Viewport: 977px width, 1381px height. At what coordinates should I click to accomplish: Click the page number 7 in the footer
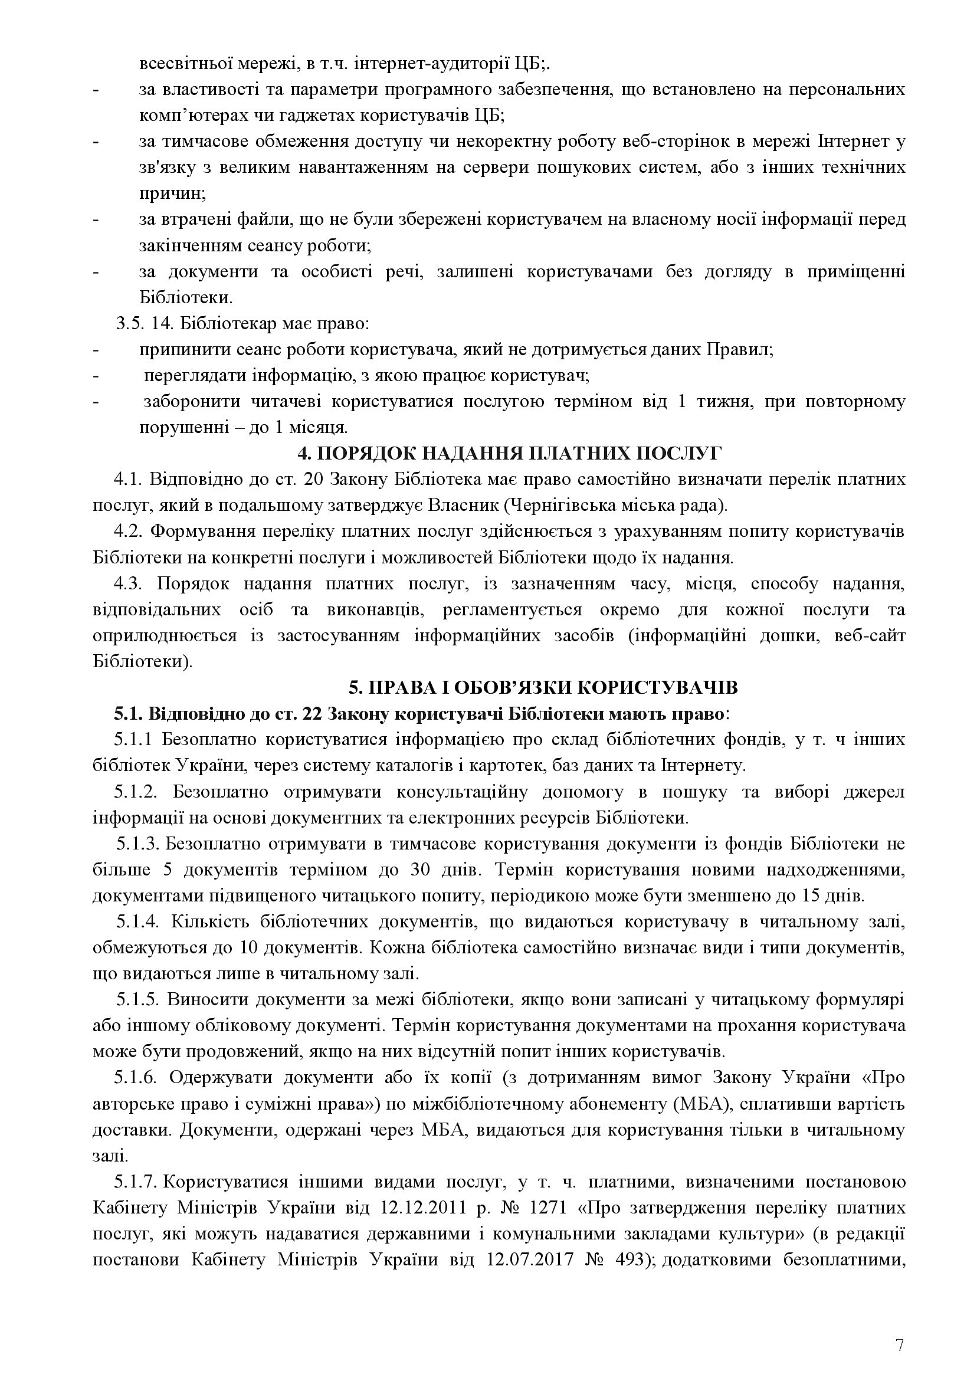click(900, 1324)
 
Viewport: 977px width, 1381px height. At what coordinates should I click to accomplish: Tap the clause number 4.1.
click(127, 480)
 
